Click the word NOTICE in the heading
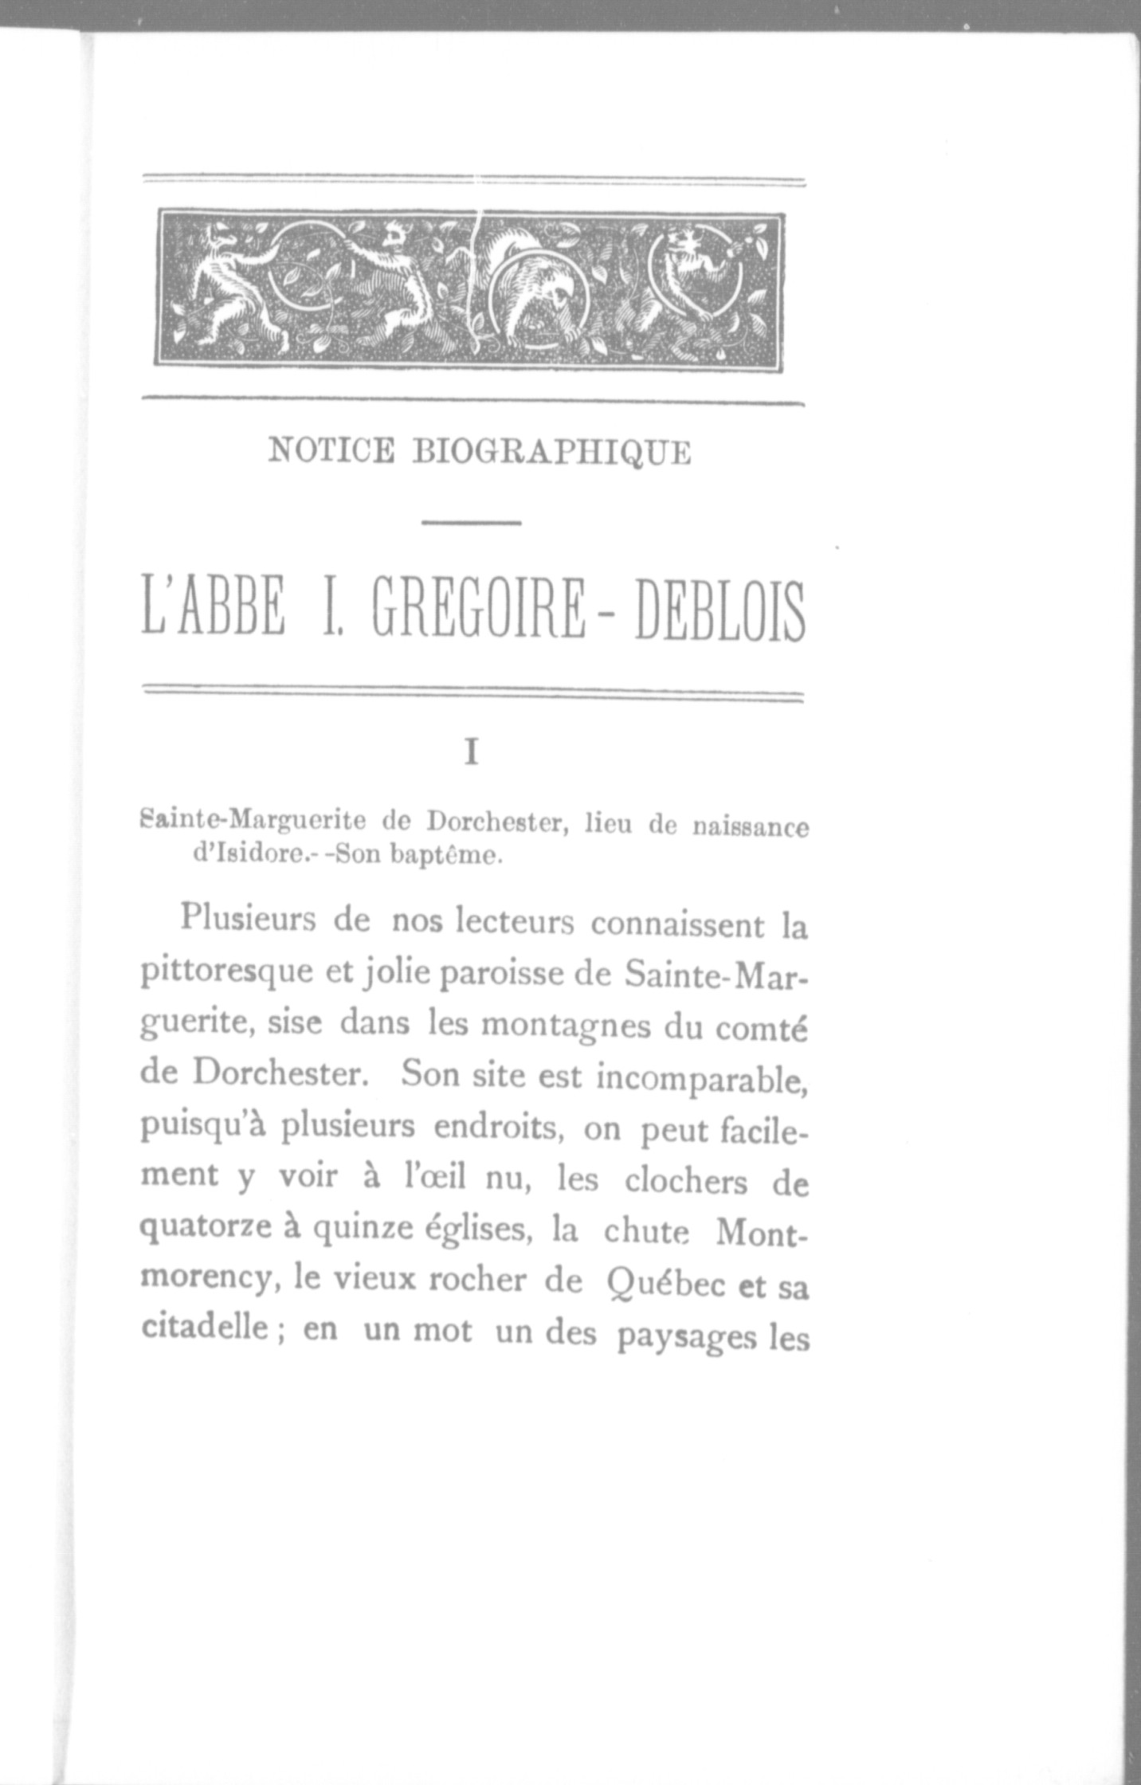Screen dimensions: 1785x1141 click(x=331, y=451)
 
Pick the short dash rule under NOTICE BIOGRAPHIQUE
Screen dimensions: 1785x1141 click(x=471, y=523)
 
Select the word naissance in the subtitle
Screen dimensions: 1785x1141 click(x=750, y=827)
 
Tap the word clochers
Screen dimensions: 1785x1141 click(x=685, y=1182)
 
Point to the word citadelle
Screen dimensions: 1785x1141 click(x=203, y=1328)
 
